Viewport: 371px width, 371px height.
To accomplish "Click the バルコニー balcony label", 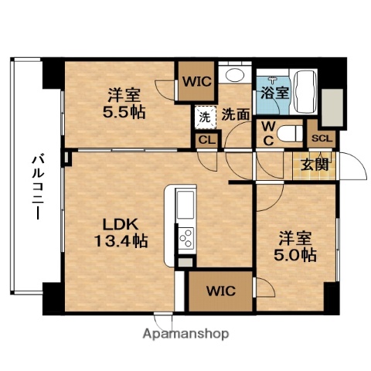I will click(36, 186).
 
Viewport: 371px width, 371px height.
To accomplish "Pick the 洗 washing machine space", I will click(204, 117).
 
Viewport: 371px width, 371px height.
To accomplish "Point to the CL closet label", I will click(205, 140).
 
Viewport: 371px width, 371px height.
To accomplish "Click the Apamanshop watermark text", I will click(185, 335).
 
